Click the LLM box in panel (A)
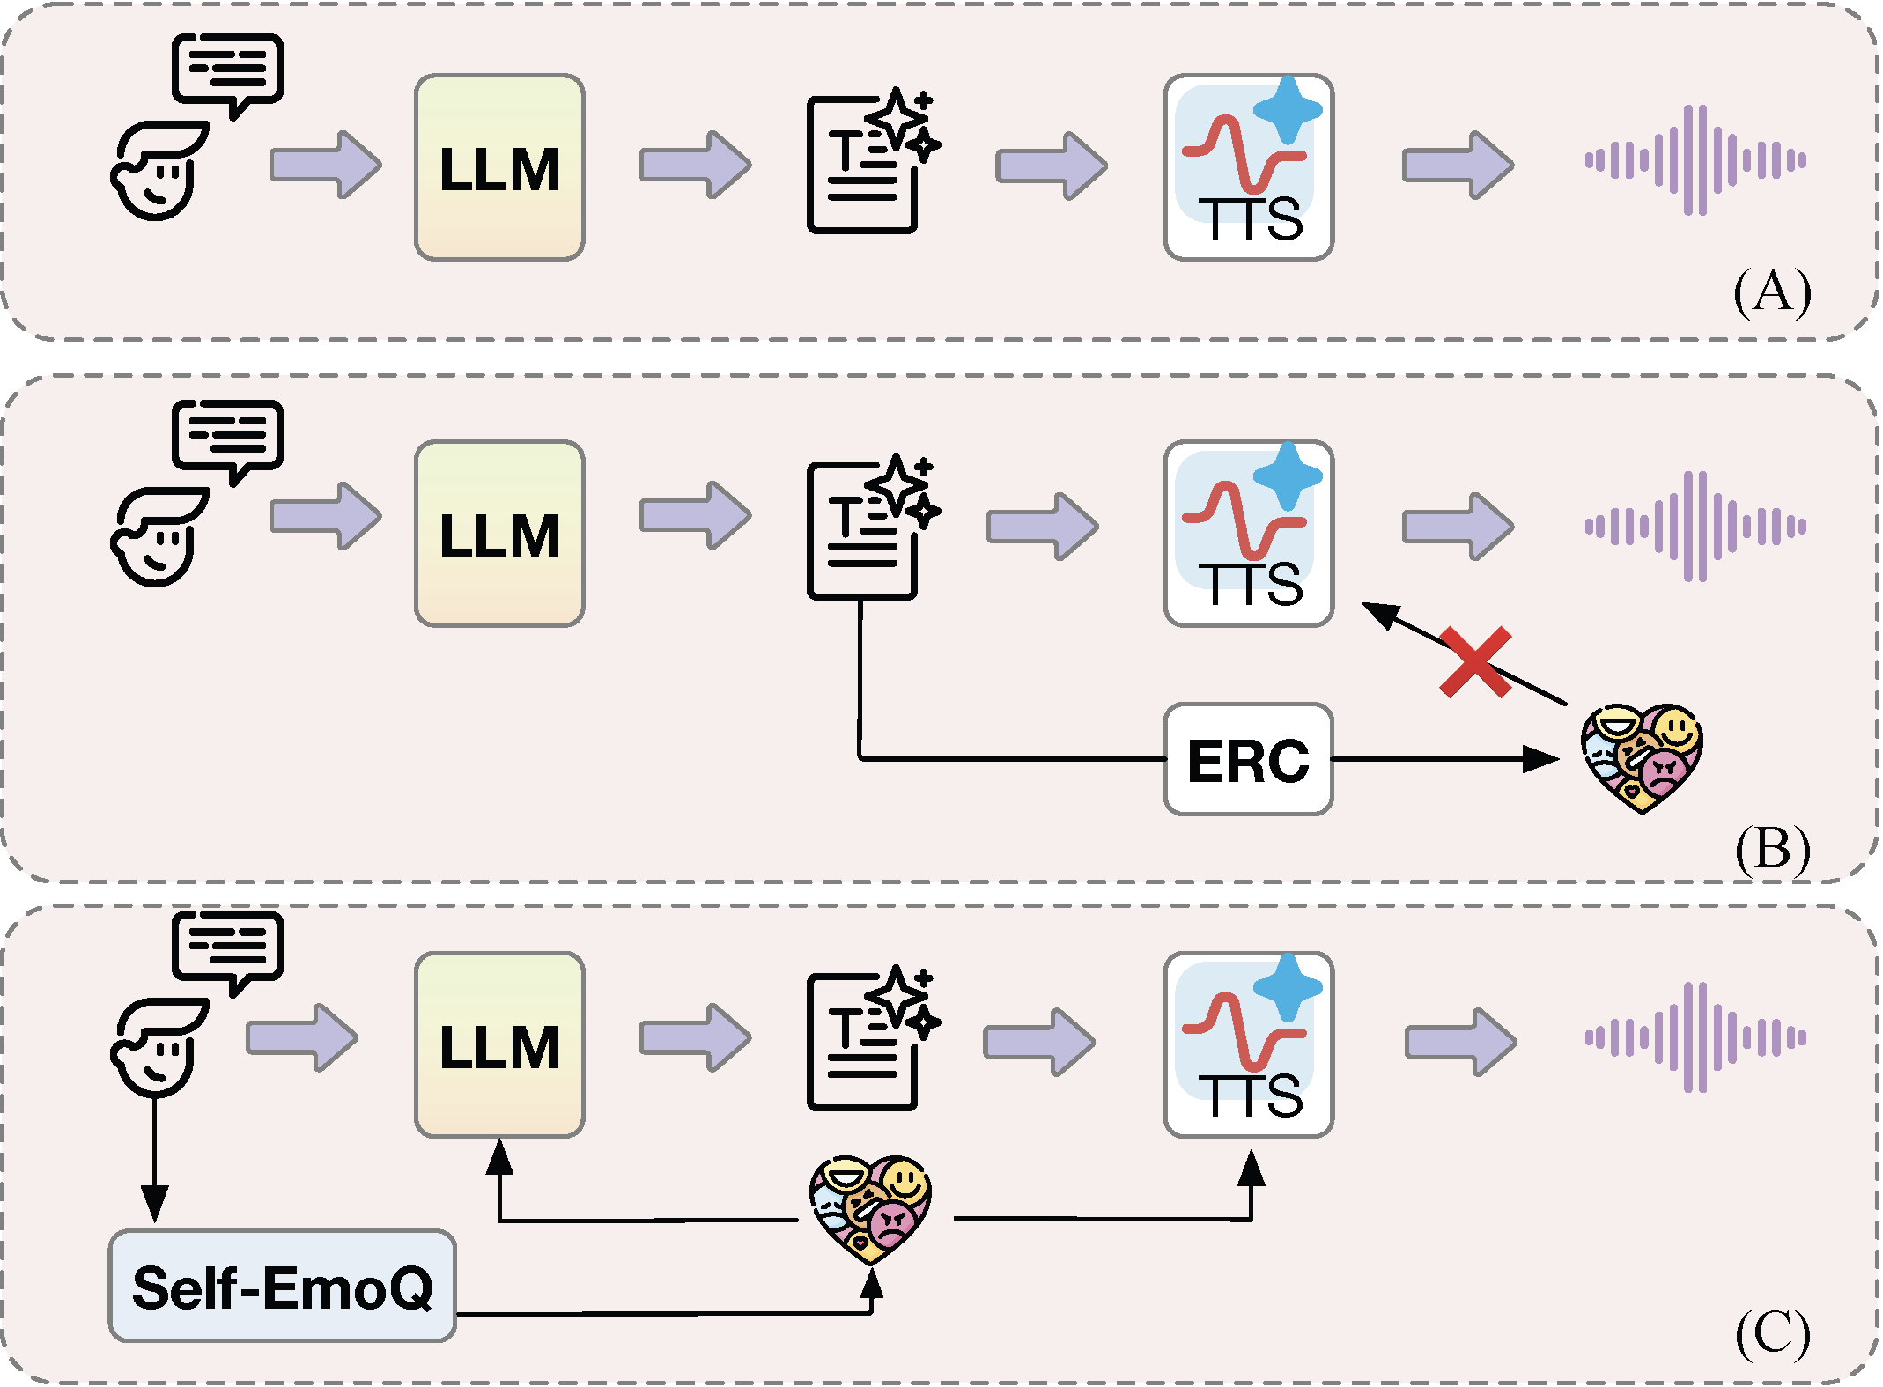[499, 167]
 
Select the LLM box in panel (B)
[499, 534]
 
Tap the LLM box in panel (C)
[499, 1044]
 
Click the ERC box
[1248, 759]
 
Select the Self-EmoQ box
[282, 1286]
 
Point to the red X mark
[1475, 662]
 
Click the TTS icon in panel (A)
[1249, 167]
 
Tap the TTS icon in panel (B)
[1249, 534]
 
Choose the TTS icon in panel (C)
[1249, 1044]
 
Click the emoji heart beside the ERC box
[1642, 757]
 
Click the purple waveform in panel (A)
[1695, 160]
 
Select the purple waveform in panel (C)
[1695, 1037]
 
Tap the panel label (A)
[1772, 292]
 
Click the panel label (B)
[1772, 849]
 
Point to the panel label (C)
[1772, 1333]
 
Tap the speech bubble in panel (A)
[227, 76]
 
